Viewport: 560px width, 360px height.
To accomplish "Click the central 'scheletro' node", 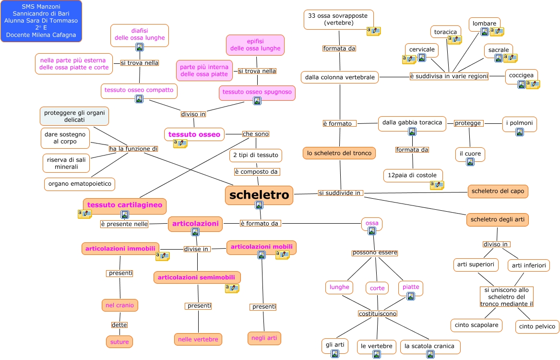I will click(x=259, y=195).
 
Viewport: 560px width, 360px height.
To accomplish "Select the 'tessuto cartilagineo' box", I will click(x=125, y=205).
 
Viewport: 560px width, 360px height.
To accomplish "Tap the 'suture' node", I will click(x=119, y=341).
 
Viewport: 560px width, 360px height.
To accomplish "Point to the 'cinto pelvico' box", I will click(x=537, y=326).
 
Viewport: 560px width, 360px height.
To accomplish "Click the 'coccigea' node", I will click(x=521, y=75).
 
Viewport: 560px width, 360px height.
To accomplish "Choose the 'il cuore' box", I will click(x=470, y=154).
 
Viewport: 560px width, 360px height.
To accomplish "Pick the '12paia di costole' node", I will click(x=413, y=176).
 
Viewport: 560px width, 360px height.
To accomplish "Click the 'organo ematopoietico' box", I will click(x=80, y=184).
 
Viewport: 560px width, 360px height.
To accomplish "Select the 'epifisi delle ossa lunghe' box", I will click(x=255, y=45).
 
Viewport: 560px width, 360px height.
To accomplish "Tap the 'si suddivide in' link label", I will click(x=341, y=193).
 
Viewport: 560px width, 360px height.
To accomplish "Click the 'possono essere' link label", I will click(x=375, y=252).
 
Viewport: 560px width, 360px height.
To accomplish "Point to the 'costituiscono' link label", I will click(x=378, y=313).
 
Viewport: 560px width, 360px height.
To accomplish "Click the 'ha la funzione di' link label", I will click(x=133, y=149).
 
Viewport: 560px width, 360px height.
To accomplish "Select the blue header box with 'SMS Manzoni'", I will click(x=41, y=21).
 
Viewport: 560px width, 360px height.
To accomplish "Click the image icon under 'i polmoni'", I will click(x=520, y=132).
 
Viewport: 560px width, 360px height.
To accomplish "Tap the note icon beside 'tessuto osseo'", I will click(x=180, y=144).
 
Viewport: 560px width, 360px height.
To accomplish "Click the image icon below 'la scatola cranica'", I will click(x=430, y=354).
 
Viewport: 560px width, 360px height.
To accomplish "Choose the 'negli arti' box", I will click(x=264, y=338).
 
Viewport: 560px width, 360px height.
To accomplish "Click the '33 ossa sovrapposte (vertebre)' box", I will click(x=338, y=19).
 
